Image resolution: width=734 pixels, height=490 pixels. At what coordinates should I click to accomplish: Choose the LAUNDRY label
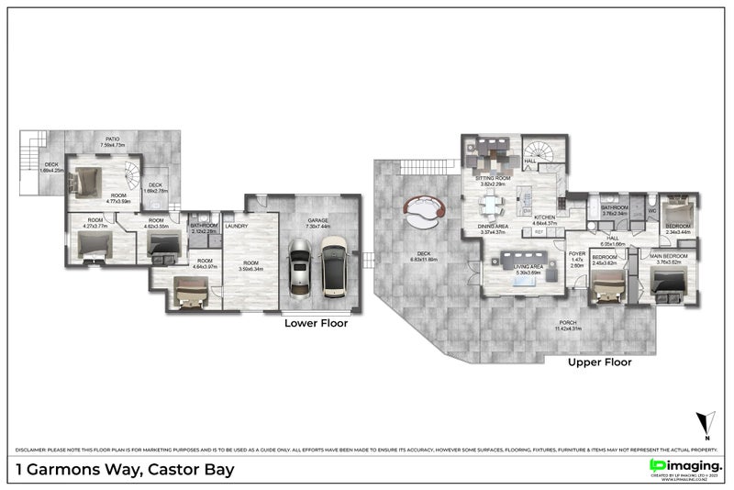point(237,225)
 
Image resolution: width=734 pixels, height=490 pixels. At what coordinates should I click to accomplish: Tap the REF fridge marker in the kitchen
point(538,232)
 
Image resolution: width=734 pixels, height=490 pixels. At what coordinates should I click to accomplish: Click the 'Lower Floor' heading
point(316,323)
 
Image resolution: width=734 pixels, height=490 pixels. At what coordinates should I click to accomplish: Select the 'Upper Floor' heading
point(600,362)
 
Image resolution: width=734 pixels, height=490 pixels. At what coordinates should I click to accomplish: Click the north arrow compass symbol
point(705,423)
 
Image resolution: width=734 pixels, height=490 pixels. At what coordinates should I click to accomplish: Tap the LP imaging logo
point(684,466)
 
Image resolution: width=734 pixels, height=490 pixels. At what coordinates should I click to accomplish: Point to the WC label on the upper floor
point(652,210)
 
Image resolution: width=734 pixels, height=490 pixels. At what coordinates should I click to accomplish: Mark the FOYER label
point(576,254)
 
